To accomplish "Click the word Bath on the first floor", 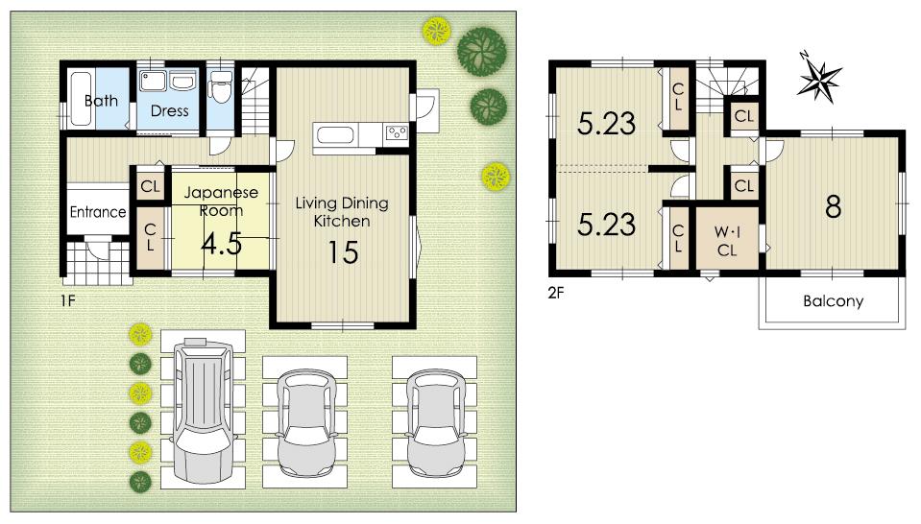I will coord(101,101).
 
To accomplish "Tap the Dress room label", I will coord(169,110).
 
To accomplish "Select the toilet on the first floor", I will coord(221,89).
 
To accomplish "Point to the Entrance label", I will coord(98,212).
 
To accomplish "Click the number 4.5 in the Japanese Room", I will coord(221,244).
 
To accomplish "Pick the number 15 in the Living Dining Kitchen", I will coord(342,251).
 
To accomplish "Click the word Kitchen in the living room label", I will coord(342,221).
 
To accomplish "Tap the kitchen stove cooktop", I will coord(397,132).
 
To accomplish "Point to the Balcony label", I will coord(833,301).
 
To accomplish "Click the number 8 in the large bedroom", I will coord(833,207).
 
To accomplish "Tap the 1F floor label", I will coord(66,300).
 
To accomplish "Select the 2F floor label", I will coord(556,293).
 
